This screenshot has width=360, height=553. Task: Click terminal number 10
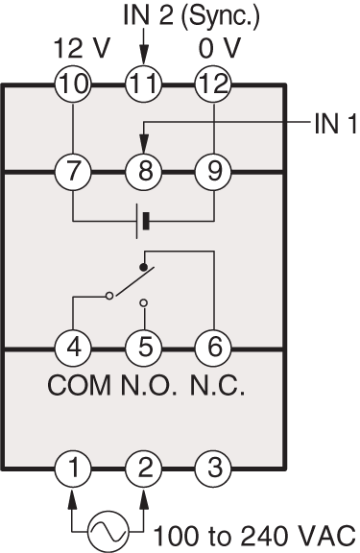click(x=73, y=85)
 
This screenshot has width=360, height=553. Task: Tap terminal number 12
click(x=212, y=85)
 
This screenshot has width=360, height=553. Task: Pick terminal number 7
click(x=73, y=173)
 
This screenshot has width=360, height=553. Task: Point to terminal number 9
click(x=212, y=173)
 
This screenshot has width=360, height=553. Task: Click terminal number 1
click(x=73, y=469)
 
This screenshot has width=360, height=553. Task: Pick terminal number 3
click(x=212, y=469)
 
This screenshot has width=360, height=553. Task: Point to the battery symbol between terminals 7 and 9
click(x=143, y=222)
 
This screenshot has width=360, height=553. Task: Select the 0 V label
click(x=213, y=47)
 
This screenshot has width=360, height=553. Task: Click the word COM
click(x=79, y=390)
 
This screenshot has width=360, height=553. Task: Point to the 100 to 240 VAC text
click(x=254, y=533)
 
